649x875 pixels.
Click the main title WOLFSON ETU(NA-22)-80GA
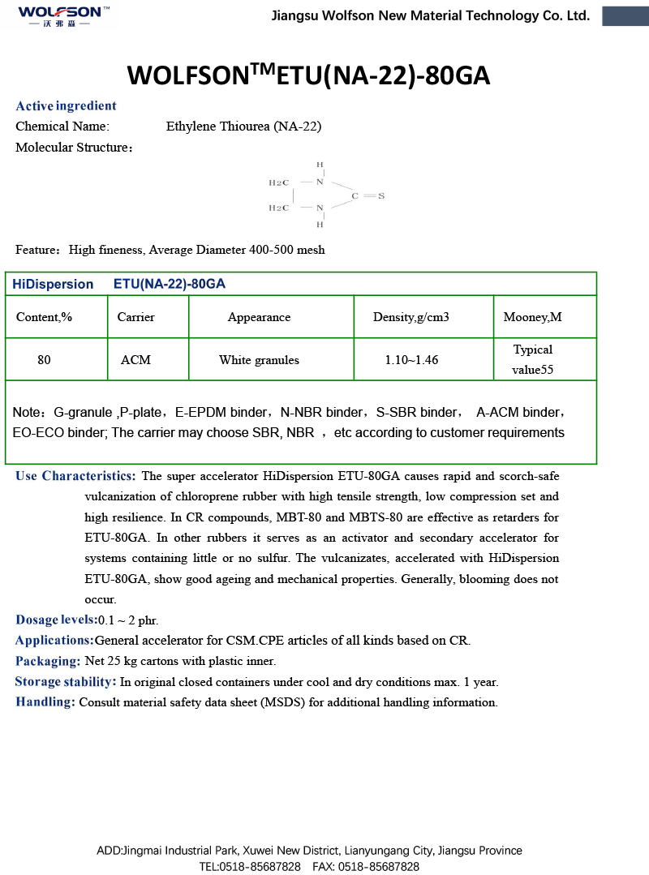pyautogui.click(x=309, y=75)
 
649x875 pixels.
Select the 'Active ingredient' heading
pyautogui.click(x=66, y=106)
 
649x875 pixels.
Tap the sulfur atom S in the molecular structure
pyautogui.click(x=381, y=196)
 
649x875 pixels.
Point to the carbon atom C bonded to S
pyautogui.click(x=355, y=196)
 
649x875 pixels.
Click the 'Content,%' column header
pyautogui.click(x=45, y=317)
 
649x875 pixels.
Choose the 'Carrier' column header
pyautogui.click(x=135, y=317)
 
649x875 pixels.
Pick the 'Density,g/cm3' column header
pyautogui.click(x=410, y=317)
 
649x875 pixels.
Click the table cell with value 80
pyautogui.click(x=44, y=360)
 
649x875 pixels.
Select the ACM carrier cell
pyautogui.click(x=135, y=360)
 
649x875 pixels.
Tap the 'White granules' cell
pyautogui.click(x=259, y=360)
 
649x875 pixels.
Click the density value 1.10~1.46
pyautogui.click(x=411, y=360)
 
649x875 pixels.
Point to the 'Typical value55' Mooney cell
pyautogui.click(x=532, y=360)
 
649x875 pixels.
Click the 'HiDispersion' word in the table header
pyautogui.click(x=54, y=285)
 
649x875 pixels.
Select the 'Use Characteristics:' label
pyautogui.click(x=75, y=476)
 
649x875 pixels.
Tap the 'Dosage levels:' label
pyautogui.click(x=56, y=620)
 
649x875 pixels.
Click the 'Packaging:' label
pyautogui.click(x=47, y=661)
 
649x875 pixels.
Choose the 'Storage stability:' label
pyautogui.click(x=66, y=682)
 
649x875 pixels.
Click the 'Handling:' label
pyautogui.click(x=45, y=702)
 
